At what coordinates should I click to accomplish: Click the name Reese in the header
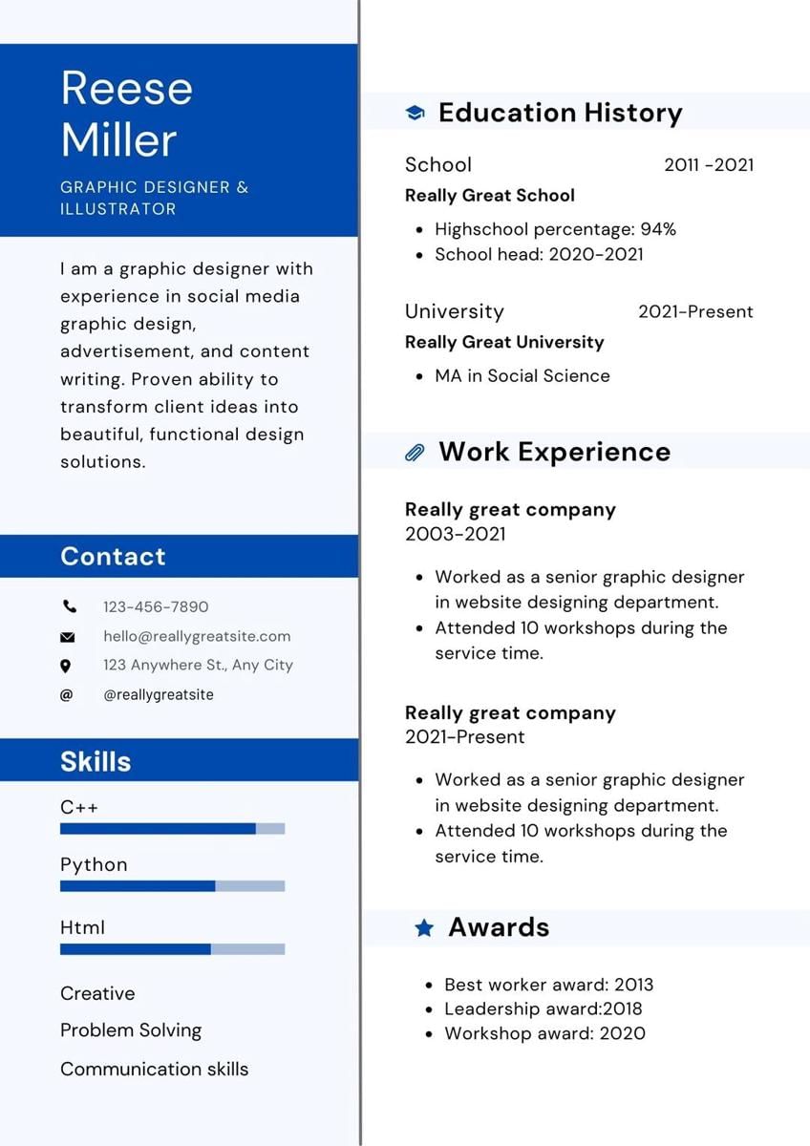126,89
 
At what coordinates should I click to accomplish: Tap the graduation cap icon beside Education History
415,113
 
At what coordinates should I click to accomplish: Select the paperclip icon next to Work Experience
415,453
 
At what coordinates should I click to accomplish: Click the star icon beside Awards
424,927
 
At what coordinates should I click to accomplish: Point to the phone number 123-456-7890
156,606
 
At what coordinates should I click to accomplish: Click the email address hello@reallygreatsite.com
197,636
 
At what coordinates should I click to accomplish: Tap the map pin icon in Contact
66,666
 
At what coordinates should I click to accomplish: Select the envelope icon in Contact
67,637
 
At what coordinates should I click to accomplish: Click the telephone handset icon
69,606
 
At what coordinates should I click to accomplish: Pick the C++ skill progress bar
172,829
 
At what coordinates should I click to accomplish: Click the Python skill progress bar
172,886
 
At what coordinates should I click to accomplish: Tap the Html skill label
82,927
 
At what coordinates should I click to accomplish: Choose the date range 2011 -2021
709,164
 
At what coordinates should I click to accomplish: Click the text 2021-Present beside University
695,311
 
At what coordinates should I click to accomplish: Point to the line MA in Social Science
522,376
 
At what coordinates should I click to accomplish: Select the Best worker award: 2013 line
548,985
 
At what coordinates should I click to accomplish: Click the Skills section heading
96,761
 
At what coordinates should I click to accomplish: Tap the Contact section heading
113,557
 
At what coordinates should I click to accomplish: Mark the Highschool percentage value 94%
658,229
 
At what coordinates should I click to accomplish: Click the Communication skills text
154,1069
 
